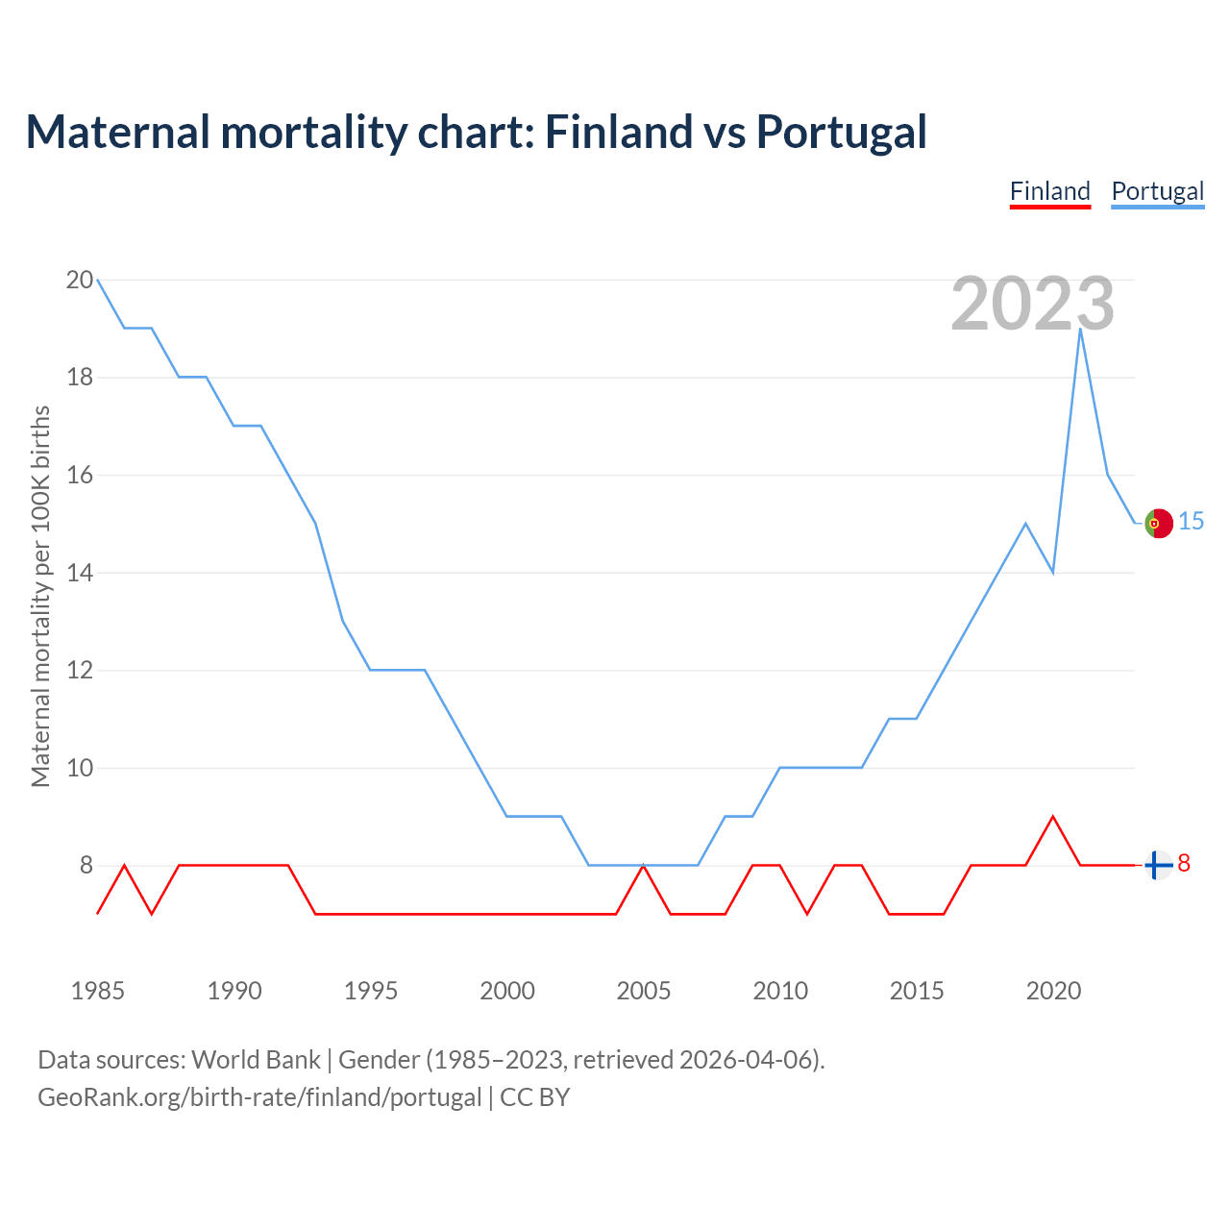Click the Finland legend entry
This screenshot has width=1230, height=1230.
(1049, 191)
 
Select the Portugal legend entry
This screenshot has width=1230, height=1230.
(1157, 191)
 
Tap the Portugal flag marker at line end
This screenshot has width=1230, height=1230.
(1159, 523)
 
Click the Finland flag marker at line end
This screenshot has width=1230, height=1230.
(1159, 865)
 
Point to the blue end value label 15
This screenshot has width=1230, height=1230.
(1191, 522)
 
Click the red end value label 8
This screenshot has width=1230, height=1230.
(1184, 864)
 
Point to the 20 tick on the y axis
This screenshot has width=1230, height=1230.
(79, 281)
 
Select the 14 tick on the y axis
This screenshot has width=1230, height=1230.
(79, 574)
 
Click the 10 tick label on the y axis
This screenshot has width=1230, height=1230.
(79, 769)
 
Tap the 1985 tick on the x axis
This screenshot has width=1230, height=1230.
(98, 991)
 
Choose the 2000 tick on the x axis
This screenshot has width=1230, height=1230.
(507, 991)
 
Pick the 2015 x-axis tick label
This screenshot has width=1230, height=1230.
(917, 991)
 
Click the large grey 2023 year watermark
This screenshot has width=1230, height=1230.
(1032, 304)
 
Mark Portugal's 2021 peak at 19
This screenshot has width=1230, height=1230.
(1081, 330)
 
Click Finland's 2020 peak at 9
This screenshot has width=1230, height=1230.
(1053, 817)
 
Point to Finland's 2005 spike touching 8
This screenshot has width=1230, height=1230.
(644, 866)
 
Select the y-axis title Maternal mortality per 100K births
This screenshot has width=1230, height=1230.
(40, 596)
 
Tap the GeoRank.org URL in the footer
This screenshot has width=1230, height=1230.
(259, 1097)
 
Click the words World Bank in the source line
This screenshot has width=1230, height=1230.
(256, 1060)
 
